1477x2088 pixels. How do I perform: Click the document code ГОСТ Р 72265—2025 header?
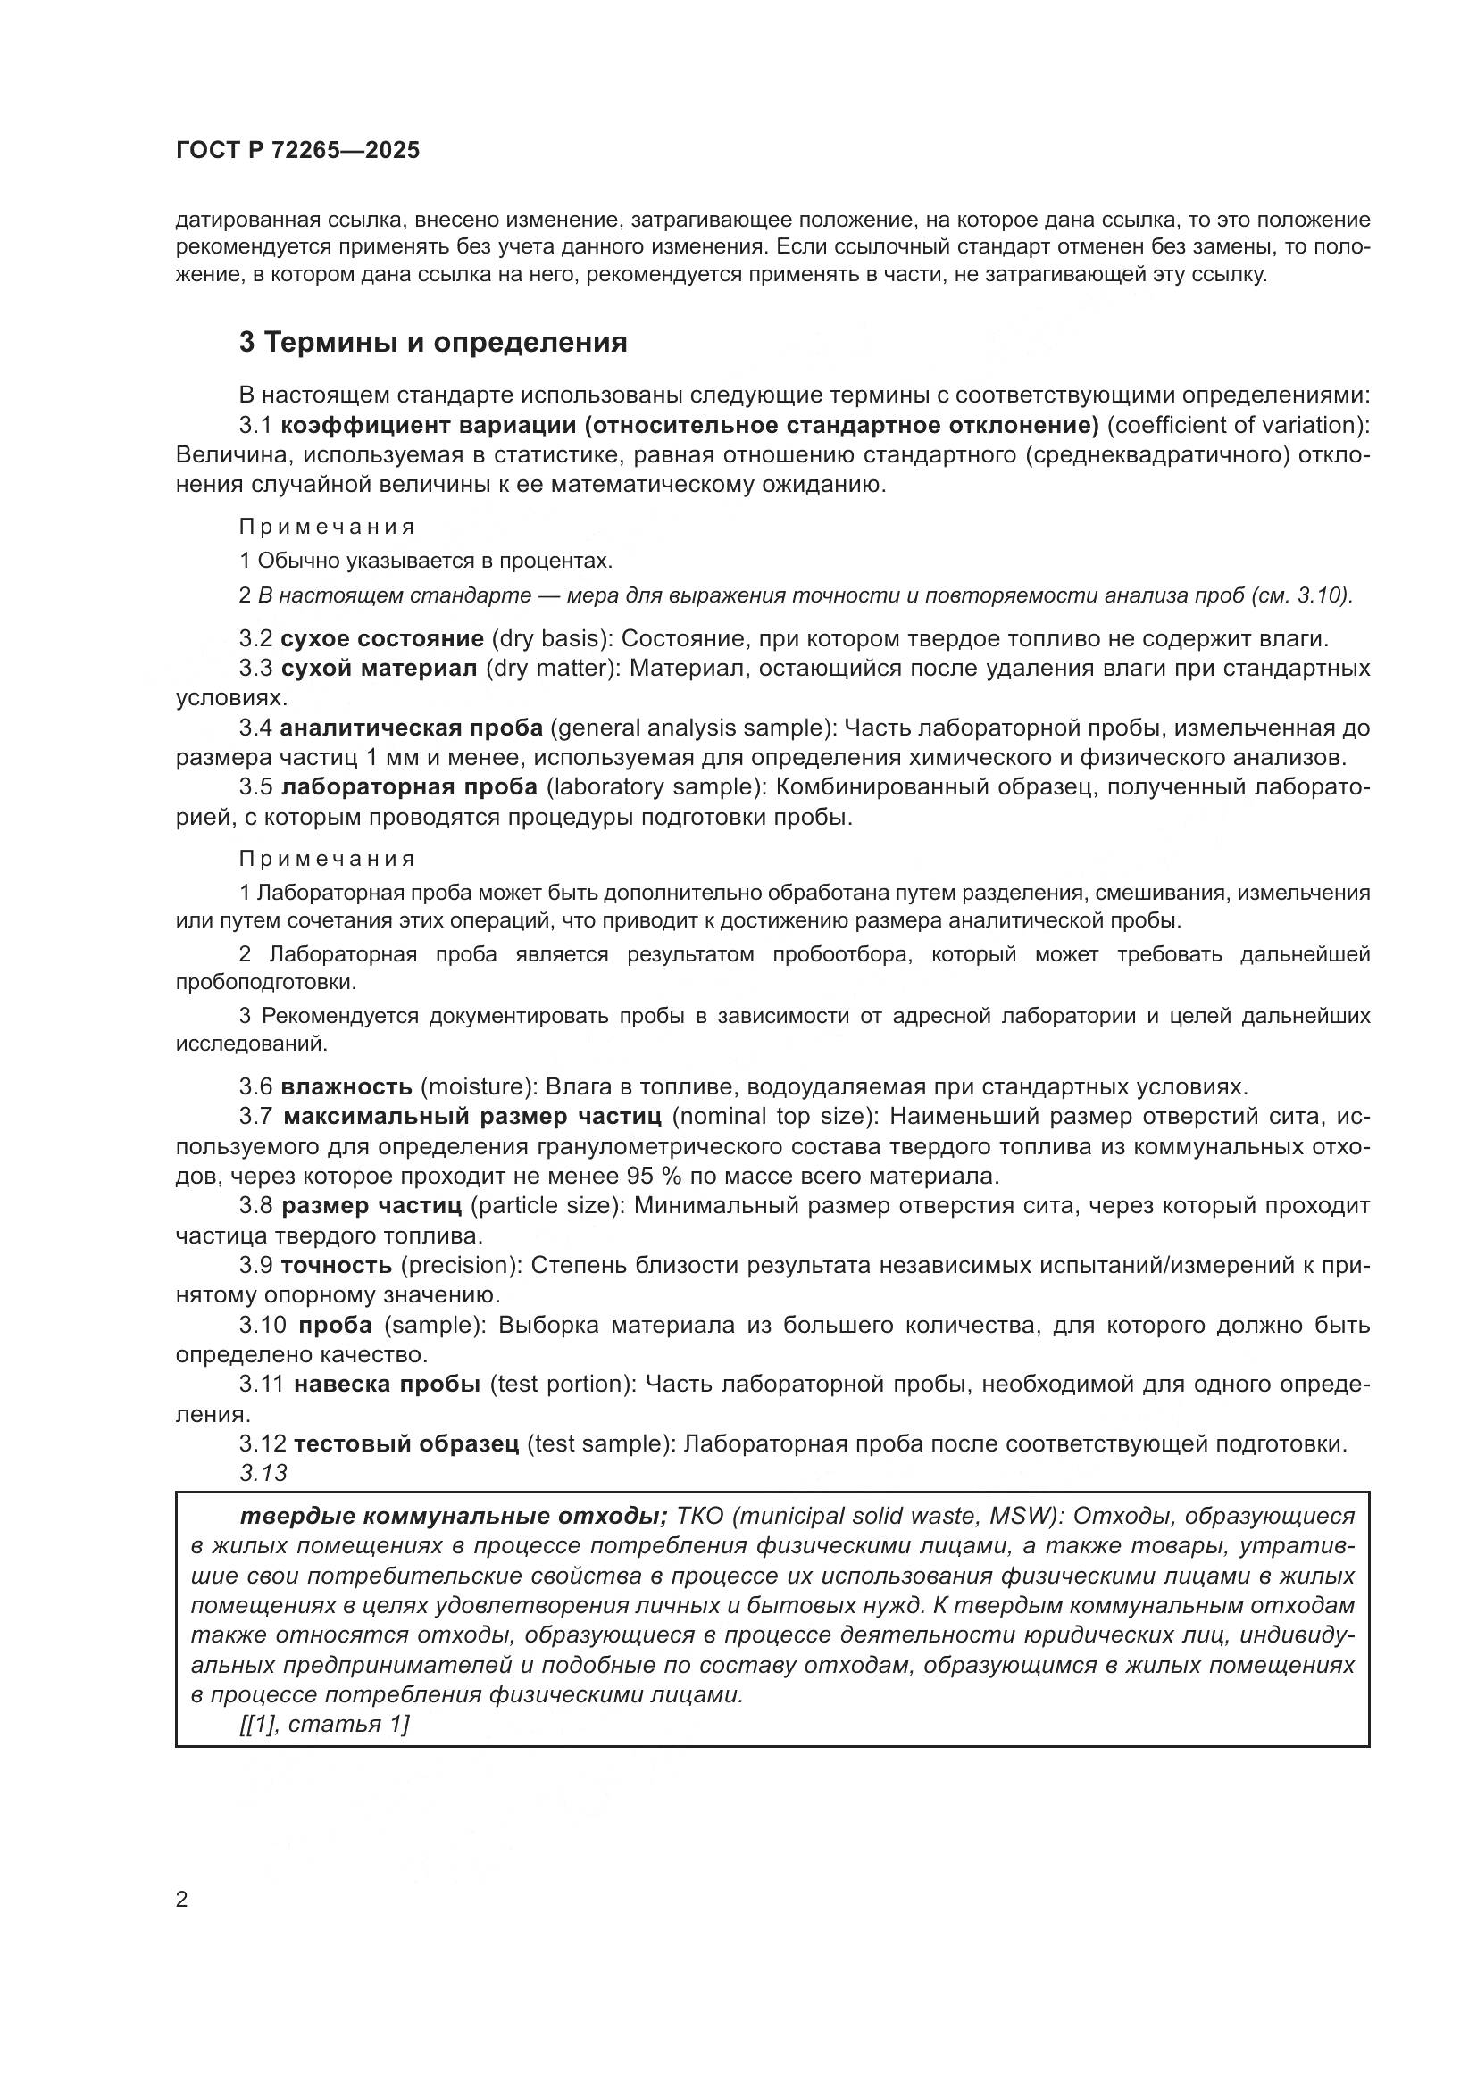297,151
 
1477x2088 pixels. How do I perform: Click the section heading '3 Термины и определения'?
433,343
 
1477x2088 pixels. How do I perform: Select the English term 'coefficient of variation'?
1237,426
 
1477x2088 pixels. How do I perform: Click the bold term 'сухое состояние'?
382,639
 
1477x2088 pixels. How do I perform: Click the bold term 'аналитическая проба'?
411,728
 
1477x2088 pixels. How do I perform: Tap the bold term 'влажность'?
346,1086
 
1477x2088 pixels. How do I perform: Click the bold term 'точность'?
337,1265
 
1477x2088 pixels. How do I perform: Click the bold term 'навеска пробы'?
388,1385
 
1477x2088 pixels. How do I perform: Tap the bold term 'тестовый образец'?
406,1443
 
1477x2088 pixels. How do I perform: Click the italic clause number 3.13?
263,1473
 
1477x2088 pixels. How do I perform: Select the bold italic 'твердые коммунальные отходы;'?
453,1517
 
